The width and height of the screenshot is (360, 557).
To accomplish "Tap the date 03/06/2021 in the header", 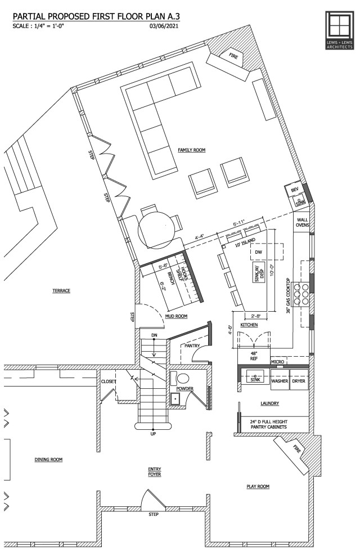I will click(x=165, y=25).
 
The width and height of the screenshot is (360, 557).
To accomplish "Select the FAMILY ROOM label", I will click(x=192, y=150).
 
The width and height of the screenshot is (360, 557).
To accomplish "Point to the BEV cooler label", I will click(x=294, y=191).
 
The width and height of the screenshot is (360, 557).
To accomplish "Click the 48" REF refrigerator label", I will click(x=253, y=356).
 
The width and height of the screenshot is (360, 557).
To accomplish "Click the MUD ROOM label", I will click(x=175, y=316).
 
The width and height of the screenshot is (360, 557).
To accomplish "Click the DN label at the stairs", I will click(x=154, y=336).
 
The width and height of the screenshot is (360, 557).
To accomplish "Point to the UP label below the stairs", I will click(x=154, y=434).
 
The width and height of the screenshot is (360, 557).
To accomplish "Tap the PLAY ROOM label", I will click(x=258, y=486).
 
